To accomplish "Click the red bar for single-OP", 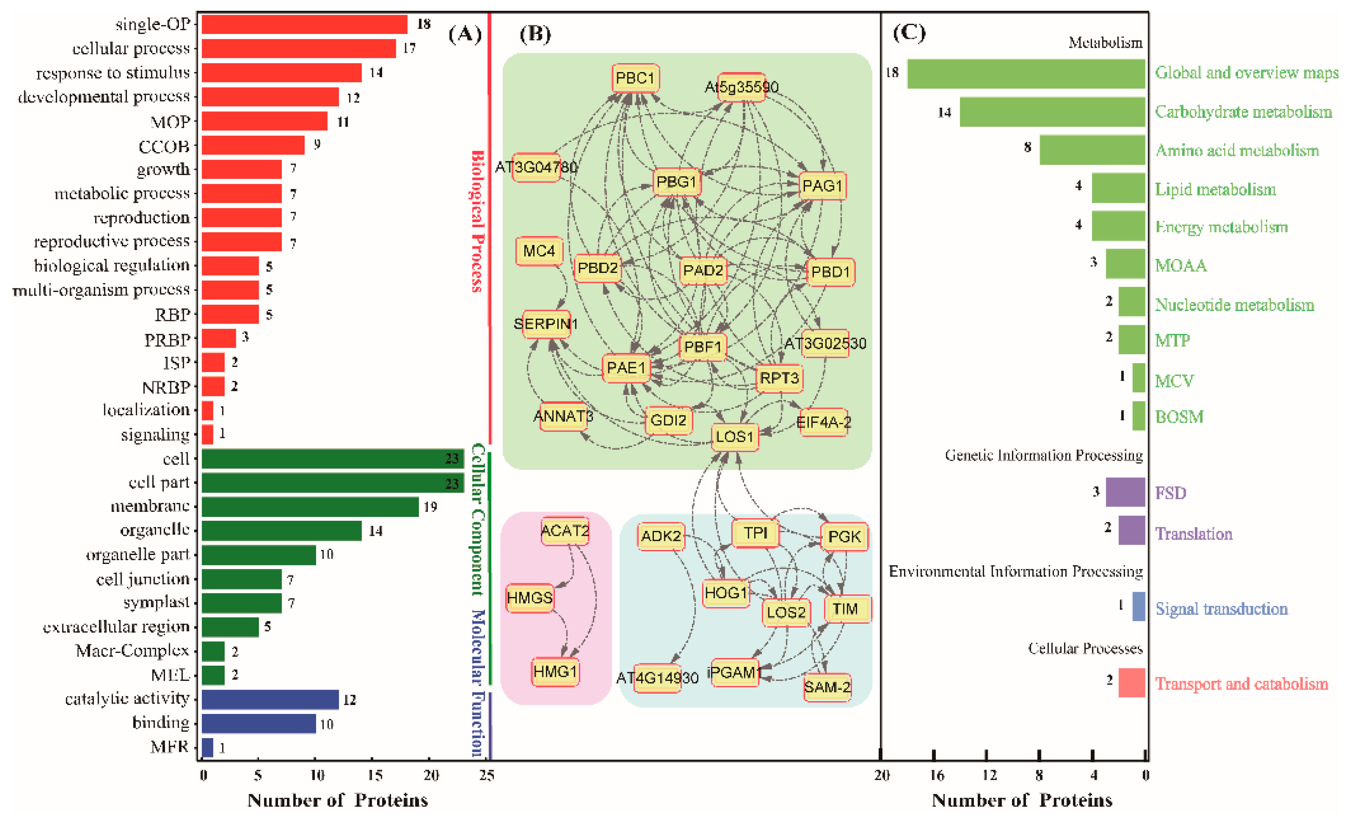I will (305, 25).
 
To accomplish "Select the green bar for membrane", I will (310, 507).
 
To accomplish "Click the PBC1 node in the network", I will (635, 78).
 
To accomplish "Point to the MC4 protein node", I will (539, 251).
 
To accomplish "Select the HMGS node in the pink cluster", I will (529, 597).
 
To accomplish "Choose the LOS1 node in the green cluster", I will (735, 437).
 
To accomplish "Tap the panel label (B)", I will (535, 34).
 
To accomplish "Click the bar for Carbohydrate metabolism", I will (1052, 112).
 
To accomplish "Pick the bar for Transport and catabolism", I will (1132, 683).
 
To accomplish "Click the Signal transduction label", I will (1221, 609).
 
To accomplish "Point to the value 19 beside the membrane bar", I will (430, 507).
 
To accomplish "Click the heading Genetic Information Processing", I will (1044, 456).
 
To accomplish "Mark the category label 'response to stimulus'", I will (113, 73).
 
